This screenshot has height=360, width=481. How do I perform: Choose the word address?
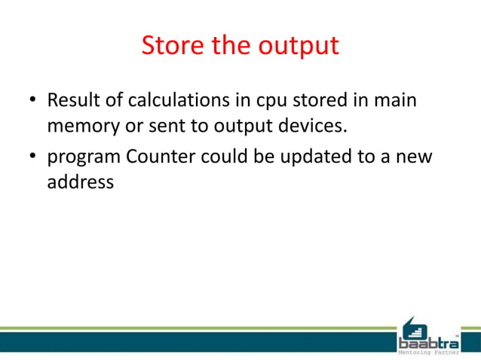[81, 182]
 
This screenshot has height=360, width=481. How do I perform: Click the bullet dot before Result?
[33, 100]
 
